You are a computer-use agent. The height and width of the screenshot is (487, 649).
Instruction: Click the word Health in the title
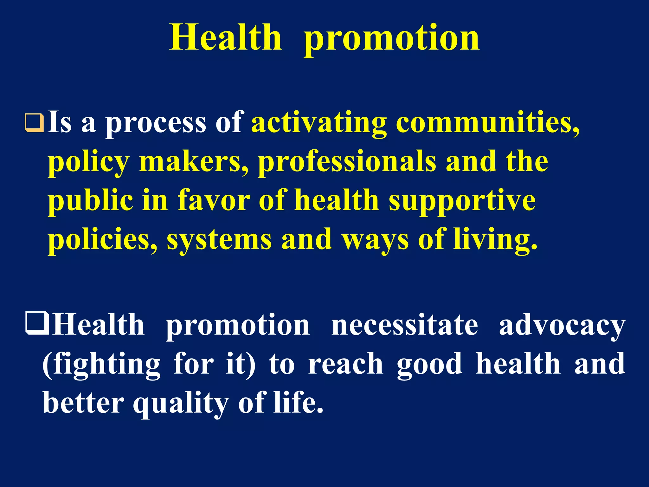(225, 38)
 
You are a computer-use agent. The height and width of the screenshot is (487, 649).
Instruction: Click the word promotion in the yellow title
(392, 40)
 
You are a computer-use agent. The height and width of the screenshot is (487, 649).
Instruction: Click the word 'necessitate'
(405, 326)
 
